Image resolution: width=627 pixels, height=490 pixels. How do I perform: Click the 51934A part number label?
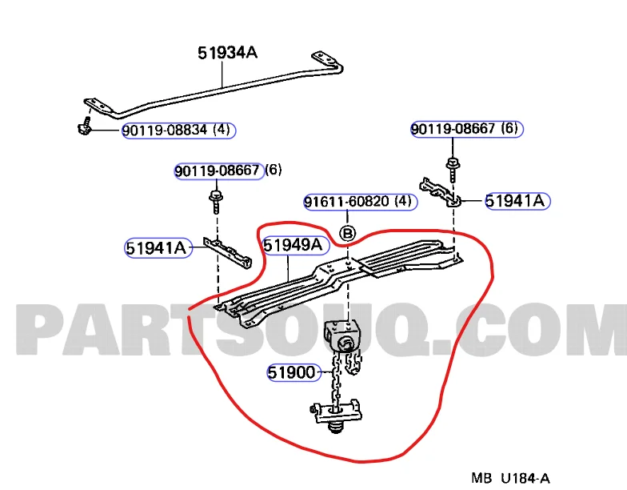click(227, 53)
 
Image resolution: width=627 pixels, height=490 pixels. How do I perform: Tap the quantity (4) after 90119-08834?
click(223, 131)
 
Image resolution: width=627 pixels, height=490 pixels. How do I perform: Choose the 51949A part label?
click(294, 244)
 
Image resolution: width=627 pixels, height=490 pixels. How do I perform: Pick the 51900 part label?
click(293, 372)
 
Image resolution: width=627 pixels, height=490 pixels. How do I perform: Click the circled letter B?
click(348, 233)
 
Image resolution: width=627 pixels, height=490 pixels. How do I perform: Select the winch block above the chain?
click(342, 335)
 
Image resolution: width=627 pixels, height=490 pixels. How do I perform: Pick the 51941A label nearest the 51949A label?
click(156, 248)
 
